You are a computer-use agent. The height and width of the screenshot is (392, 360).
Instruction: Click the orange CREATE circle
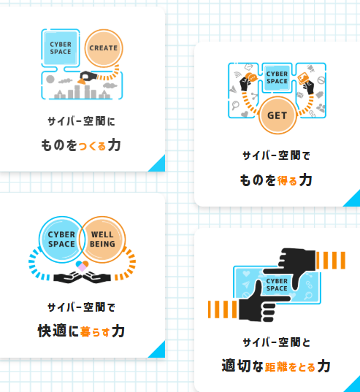coord(104,48)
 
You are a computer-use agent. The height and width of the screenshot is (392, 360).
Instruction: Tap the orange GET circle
coord(277,115)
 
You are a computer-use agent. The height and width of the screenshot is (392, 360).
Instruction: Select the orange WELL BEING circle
coord(102,239)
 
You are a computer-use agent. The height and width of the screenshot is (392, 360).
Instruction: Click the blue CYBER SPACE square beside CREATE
coord(61,48)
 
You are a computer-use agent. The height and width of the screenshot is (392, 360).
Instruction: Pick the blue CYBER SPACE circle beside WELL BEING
coord(62,239)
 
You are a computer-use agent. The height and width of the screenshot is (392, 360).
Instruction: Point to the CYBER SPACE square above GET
coord(277,78)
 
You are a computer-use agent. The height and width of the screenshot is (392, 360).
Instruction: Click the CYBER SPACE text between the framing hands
coord(277,285)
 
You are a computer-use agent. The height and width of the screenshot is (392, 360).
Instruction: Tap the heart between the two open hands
coord(83,266)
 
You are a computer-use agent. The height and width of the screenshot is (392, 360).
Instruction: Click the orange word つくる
coord(92,146)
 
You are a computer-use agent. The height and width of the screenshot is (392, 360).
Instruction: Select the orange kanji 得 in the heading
coord(282,180)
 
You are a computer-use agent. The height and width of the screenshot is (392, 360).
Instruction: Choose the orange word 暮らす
coord(95,332)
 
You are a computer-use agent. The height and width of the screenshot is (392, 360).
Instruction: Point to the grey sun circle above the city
coord(50,80)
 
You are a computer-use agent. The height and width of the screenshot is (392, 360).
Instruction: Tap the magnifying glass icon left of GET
coord(235,105)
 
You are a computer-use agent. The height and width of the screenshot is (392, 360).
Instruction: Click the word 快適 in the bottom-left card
coord(52,331)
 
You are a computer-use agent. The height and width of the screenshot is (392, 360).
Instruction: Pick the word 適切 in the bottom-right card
coord(236,366)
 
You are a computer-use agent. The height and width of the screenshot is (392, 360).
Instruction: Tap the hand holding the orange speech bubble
coord(245,83)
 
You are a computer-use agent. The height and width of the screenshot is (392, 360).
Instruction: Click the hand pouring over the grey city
coord(88,76)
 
